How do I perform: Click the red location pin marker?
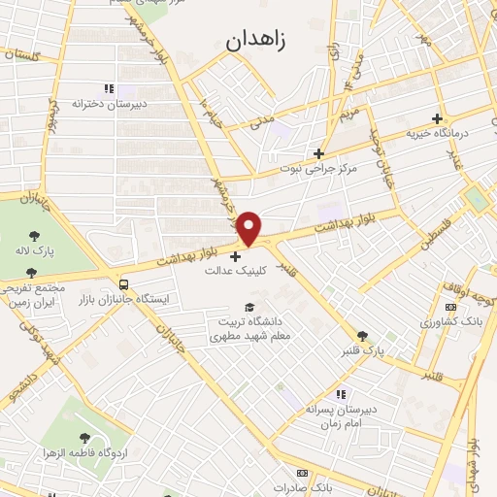pyautogui.click(x=249, y=228)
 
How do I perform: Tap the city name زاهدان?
pyautogui.click(x=263, y=42)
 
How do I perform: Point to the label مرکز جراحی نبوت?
pyautogui.click(x=319, y=168)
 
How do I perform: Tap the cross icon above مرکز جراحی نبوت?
pyautogui.click(x=318, y=152)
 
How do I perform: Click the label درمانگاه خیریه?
pyautogui.click(x=438, y=133)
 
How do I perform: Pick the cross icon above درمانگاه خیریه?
pyautogui.click(x=438, y=117)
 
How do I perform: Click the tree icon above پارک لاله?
pyautogui.click(x=35, y=236)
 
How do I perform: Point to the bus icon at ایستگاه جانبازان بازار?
pyautogui.click(x=123, y=284)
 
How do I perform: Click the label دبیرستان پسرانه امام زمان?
pyautogui.click(x=340, y=415)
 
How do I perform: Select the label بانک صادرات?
pyautogui.click(x=302, y=486)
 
